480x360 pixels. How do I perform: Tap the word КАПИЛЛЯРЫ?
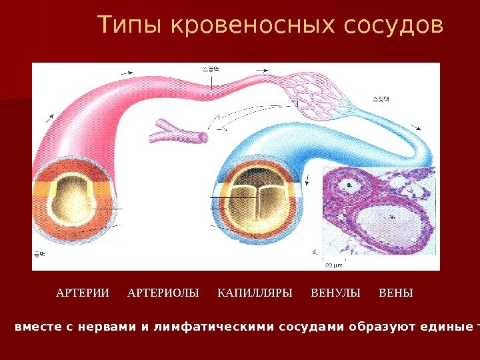pos(255,293)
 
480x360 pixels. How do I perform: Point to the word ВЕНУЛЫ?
pos(335,293)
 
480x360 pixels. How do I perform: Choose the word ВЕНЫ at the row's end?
pos(395,293)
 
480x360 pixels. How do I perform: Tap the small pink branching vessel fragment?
pos(177,131)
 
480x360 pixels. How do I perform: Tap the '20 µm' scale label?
pos(333,265)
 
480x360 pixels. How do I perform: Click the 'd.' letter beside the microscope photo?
pos(314,252)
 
